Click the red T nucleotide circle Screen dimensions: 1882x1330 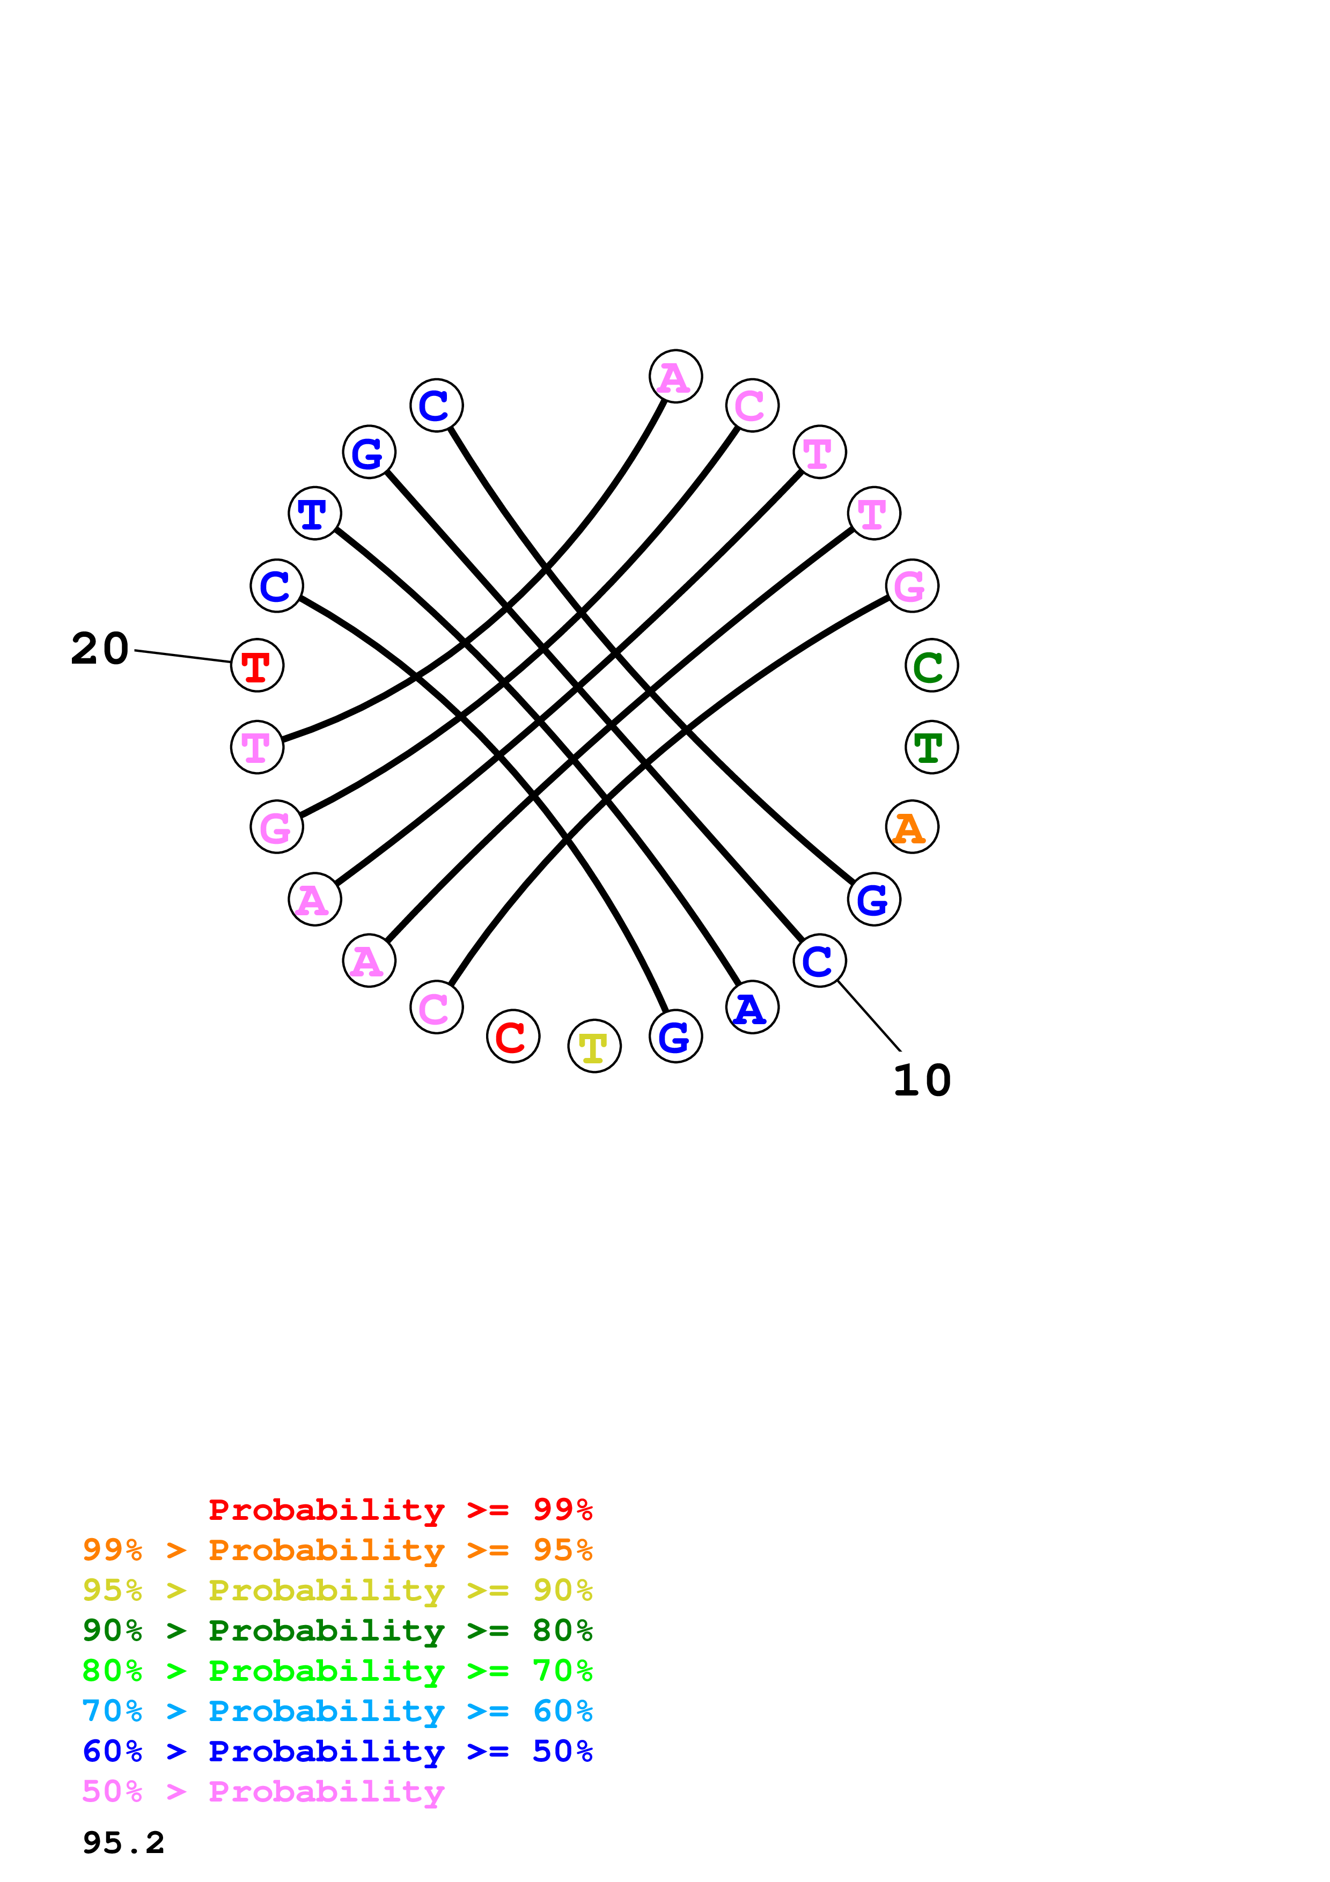click(258, 666)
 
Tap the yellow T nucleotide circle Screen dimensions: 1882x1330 click(594, 1046)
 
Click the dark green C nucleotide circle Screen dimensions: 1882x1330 click(932, 666)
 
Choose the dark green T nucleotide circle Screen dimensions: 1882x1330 click(932, 747)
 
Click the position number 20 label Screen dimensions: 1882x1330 click(100, 649)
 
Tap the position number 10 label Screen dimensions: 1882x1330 click(922, 1080)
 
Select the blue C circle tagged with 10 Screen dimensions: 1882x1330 click(819, 961)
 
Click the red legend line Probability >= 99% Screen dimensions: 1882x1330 click(400, 1510)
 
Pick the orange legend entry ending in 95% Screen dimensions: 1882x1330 click(337, 1550)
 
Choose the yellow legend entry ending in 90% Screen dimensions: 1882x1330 click(337, 1590)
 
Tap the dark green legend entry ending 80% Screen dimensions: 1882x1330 click(337, 1630)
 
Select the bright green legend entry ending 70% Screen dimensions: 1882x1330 click(337, 1671)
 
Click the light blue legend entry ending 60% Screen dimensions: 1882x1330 click(337, 1711)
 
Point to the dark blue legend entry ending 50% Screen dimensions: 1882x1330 click(337, 1751)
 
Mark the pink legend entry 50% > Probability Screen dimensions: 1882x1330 click(263, 1791)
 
